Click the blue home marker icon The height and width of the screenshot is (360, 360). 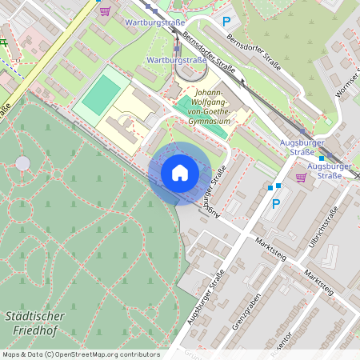click(180, 173)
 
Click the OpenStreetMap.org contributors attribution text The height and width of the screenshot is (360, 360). click(107, 354)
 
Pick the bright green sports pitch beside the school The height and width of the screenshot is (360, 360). click(101, 94)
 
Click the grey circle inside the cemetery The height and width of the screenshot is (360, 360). click(22, 163)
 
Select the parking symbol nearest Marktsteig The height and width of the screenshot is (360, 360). click(277, 204)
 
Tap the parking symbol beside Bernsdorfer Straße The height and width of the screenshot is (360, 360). click(226, 22)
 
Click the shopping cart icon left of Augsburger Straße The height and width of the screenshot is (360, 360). click(301, 178)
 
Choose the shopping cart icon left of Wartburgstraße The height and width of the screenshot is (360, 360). click(106, 10)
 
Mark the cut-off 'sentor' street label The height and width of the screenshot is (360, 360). click(282, 344)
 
